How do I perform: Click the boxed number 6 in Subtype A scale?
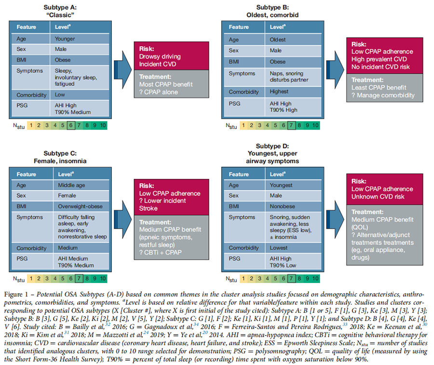pos(71,125)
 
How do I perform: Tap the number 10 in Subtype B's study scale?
pos(315,125)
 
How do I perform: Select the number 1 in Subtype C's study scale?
pos(31,278)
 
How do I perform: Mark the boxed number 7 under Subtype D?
pos(291,278)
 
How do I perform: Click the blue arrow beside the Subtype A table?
pos(122,70)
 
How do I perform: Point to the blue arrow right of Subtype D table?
pos(335,219)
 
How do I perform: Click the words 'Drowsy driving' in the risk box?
pos(160,56)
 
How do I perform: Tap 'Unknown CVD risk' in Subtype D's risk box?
pos(378,196)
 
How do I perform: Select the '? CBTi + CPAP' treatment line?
pos(160,252)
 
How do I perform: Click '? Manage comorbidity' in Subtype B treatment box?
pos(383,95)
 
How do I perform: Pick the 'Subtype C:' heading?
pos(60,153)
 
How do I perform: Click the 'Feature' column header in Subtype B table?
pos(239,27)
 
